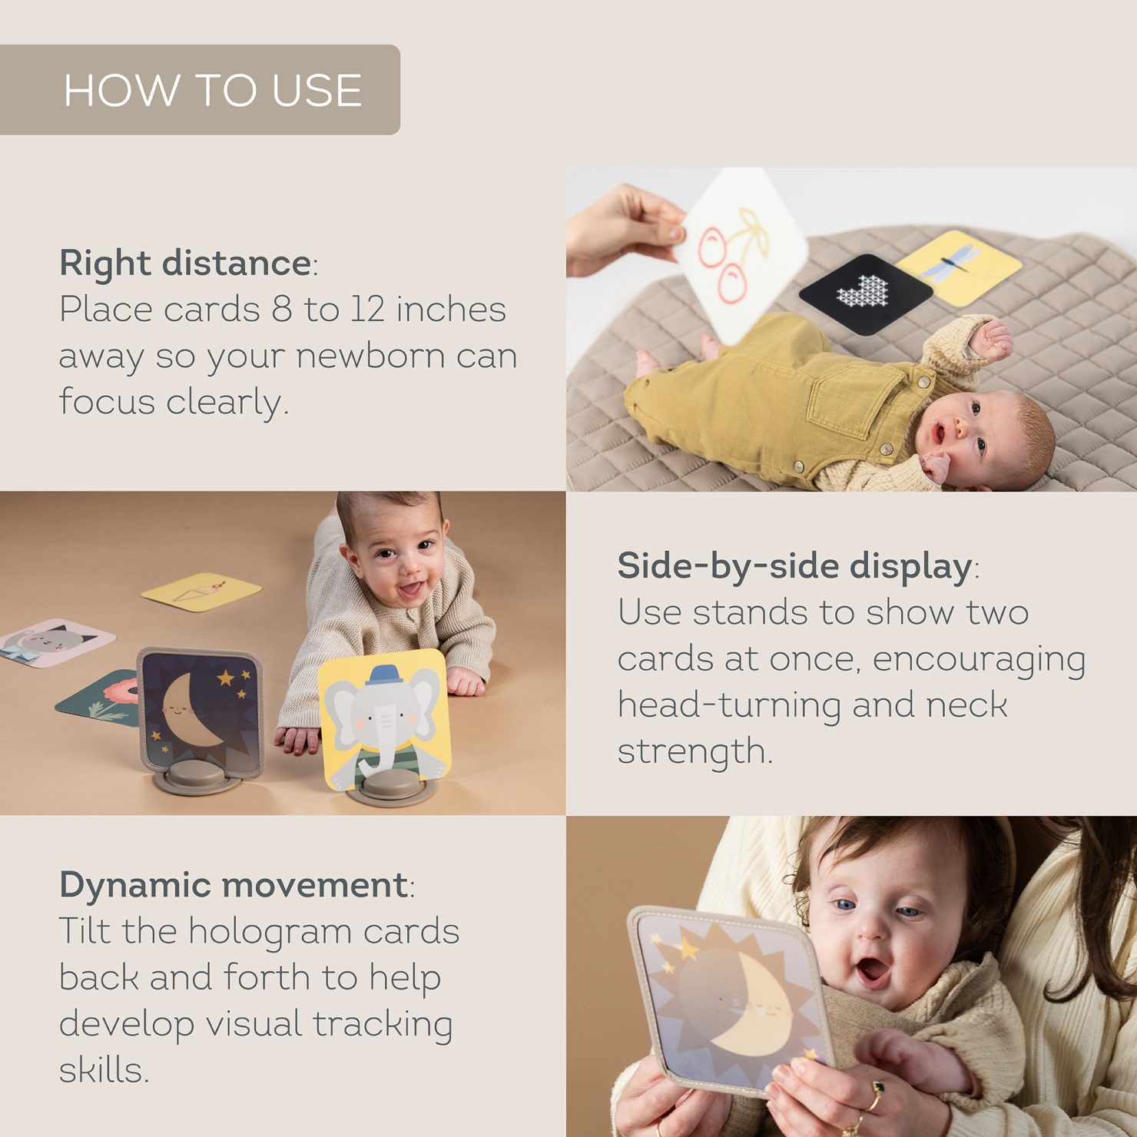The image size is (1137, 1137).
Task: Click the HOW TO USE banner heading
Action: point(213,91)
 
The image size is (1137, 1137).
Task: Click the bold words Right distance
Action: point(185,263)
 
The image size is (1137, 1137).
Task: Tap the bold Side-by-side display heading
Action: point(795,566)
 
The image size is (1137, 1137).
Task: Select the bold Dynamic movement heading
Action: point(234,885)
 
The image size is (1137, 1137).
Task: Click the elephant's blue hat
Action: point(383,675)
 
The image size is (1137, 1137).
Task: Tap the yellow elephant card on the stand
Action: point(383,720)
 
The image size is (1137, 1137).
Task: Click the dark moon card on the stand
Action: point(199,712)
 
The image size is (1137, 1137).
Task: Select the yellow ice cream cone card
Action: point(201,592)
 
